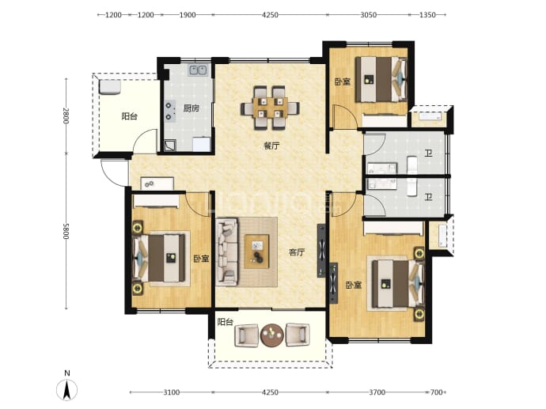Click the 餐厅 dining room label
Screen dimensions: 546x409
click(x=271, y=146)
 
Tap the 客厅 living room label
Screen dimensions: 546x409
click(x=297, y=252)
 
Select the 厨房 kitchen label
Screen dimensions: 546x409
click(x=191, y=108)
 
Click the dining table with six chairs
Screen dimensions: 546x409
click(x=270, y=108)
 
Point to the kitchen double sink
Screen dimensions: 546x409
click(x=198, y=70)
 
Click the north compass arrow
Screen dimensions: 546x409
click(x=66, y=389)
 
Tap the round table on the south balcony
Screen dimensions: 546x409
click(x=272, y=335)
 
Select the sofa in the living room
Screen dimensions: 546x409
click(x=226, y=252)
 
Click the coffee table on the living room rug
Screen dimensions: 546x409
click(x=257, y=252)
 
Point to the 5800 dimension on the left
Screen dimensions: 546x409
click(x=66, y=231)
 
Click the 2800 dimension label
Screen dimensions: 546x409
click(x=66, y=116)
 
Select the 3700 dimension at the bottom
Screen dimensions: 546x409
click(x=377, y=392)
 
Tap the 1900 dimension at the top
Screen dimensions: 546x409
click(x=188, y=14)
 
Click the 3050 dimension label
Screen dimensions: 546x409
click(x=368, y=14)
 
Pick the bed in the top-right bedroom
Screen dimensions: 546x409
click(x=381, y=79)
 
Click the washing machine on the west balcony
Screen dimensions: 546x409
click(x=110, y=87)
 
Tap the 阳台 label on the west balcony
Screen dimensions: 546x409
click(x=129, y=116)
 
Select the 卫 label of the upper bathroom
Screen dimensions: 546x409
click(x=428, y=153)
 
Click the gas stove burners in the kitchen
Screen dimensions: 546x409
click(x=170, y=111)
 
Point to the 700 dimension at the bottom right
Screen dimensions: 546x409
click(x=436, y=392)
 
